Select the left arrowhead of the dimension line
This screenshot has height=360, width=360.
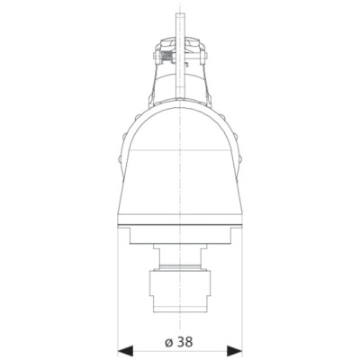[125, 350]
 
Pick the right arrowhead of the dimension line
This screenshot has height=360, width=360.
[234, 350]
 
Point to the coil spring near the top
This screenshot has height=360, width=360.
[166, 56]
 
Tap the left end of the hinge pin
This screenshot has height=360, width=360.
[155, 56]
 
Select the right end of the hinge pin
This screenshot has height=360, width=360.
[205, 56]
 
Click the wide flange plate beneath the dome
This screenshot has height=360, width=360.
[180, 236]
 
